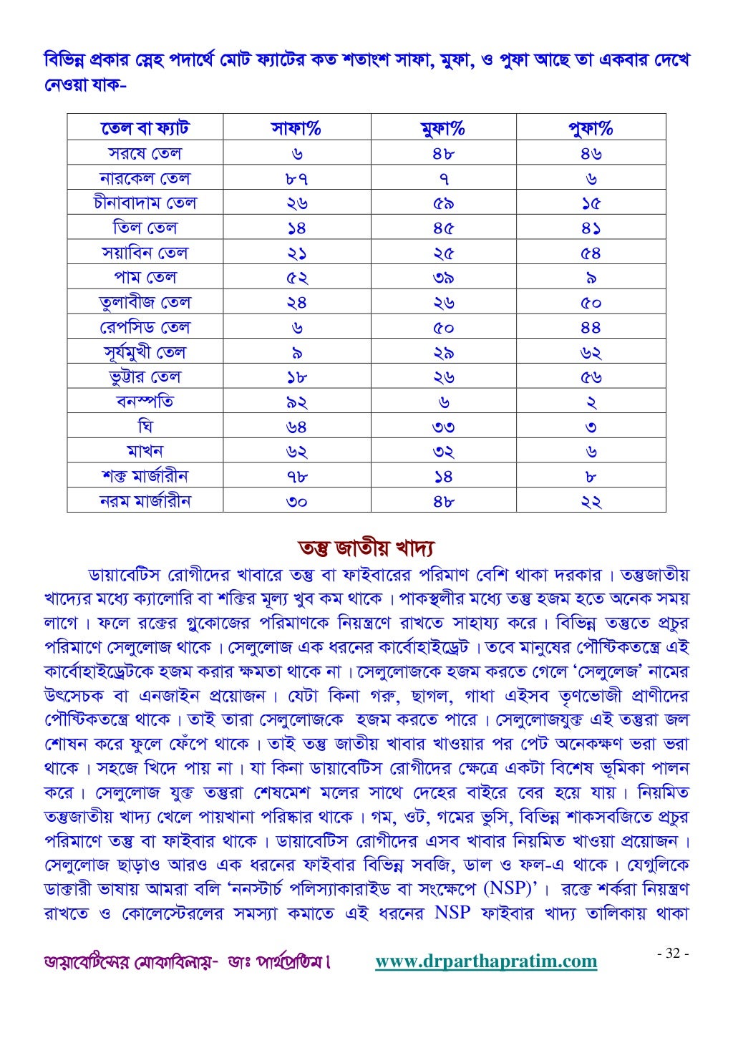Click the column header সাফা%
tap(296, 129)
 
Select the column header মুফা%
tap(443, 129)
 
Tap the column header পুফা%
tap(591, 129)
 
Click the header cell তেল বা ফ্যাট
tap(145, 129)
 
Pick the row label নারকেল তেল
tap(145, 178)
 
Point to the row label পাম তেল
tap(145, 278)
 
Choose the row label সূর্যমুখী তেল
tap(145, 352)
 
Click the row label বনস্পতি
tap(145, 402)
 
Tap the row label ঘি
tap(145, 427)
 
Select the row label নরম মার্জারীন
tap(145, 501)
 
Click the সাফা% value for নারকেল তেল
tap(296, 178)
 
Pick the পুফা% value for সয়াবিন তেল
tap(591, 253)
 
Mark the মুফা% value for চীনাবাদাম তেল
tap(443, 203)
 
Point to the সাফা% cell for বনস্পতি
tap(296, 402)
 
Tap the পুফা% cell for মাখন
tap(591, 452)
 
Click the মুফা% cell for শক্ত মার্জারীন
tap(443, 477)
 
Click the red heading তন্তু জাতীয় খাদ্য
tap(366, 548)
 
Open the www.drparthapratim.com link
tap(486, 961)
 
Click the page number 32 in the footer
tap(673, 954)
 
